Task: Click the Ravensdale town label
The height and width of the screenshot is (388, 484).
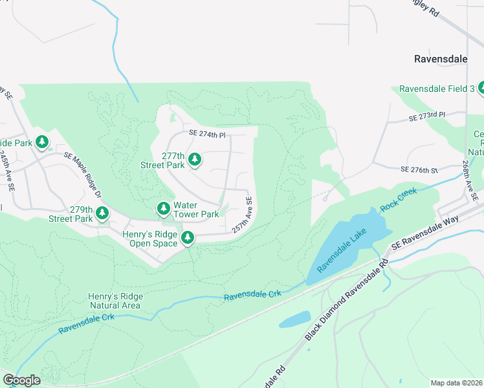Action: [x=441, y=59]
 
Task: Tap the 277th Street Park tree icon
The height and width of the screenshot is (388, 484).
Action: [x=194, y=159]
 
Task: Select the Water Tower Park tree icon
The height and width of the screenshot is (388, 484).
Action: [x=164, y=209]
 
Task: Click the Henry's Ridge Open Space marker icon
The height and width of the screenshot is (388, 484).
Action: [x=188, y=238]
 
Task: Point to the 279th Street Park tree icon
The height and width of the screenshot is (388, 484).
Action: [x=102, y=213]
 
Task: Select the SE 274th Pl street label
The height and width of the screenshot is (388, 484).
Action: [x=207, y=135]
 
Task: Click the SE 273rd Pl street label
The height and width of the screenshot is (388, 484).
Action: [x=427, y=116]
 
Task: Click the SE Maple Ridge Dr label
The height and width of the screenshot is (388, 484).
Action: [x=83, y=175]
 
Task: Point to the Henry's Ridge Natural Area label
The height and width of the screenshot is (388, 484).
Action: [x=115, y=301]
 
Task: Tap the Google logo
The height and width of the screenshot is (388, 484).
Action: [x=21, y=380]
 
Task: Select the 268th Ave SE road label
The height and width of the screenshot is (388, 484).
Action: [x=468, y=181]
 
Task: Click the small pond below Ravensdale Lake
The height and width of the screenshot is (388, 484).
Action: [x=294, y=319]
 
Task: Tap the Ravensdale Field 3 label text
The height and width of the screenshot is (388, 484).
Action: [x=437, y=89]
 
